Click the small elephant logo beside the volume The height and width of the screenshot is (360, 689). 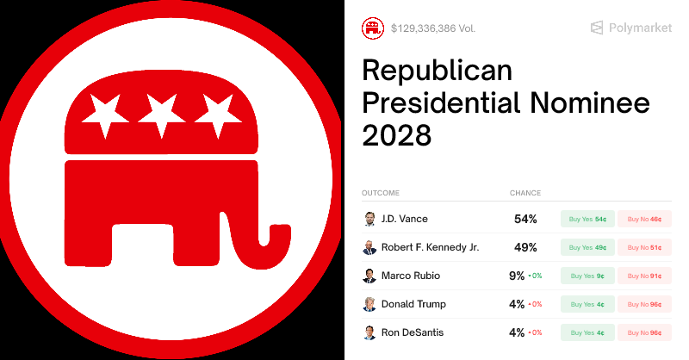pos(373,28)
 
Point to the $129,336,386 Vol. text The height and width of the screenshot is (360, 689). pos(432,28)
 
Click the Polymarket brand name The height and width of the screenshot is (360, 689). pos(640,28)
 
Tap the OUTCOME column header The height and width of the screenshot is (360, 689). pos(381,193)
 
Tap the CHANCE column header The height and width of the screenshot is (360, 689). pos(525,193)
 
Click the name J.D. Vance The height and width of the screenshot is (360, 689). pos(404,219)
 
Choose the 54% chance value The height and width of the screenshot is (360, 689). pos(525,219)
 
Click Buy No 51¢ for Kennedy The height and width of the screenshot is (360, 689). pos(644,247)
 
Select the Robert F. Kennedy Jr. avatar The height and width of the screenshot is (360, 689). pos(369,247)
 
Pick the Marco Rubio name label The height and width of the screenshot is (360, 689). pos(412,276)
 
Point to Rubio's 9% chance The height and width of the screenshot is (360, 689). pos(517,276)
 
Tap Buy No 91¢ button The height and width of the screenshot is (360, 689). pos(644,276)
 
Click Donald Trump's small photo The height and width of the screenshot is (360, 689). pos(369,304)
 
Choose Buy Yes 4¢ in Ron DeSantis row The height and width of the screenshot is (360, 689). pos(588,332)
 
